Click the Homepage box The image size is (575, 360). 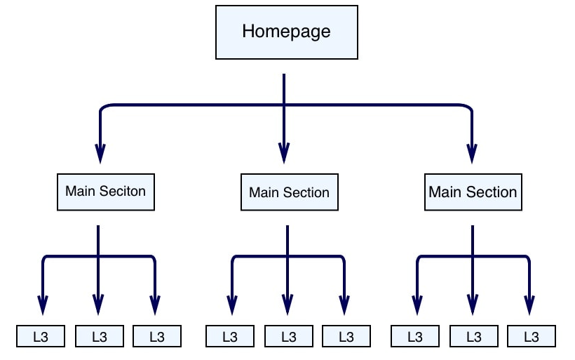[x=286, y=32]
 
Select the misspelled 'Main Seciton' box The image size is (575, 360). [x=105, y=191]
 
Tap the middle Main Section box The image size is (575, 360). [x=289, y=192]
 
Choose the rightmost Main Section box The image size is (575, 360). [x=473, y=192]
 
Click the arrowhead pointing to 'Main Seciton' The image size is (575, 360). [x=100, y=152]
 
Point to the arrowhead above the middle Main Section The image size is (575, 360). [x=283, y=152]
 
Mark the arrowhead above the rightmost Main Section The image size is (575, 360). [x=472, y=152]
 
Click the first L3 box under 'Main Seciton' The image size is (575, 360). [x=41, y=336]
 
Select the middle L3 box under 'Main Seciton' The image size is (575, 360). [x=99, y=336]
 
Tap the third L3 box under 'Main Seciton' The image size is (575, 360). [x=156, y=336]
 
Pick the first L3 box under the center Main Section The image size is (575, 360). [x=230, y=336]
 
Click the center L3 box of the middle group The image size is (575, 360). [x=288, y=336]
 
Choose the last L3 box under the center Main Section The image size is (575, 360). [x=346, y=336]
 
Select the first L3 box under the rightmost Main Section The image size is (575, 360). [x=415, y=336]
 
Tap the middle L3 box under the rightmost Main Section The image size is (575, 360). [x=473, y=336]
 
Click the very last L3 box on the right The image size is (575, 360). [x=531, y=336]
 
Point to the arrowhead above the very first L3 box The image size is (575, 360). [x=43, y=304]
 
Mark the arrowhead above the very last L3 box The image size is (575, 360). [x=529, y=304]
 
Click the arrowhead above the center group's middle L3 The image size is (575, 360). [x=287, y=304]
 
